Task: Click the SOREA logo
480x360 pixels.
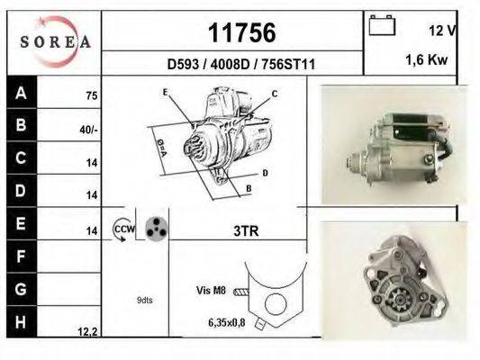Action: click(55, 40)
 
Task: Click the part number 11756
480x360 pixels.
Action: click(241, 33)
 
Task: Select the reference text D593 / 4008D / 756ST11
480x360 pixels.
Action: click(241, 64)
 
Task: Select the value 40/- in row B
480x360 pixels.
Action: click(88, 129)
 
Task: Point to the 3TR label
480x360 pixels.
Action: click(245, 231)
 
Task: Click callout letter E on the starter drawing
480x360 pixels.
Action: click(166, 93)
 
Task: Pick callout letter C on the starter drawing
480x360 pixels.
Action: click(275, 94)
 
